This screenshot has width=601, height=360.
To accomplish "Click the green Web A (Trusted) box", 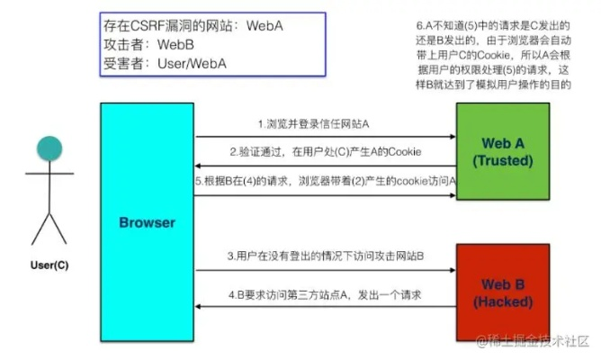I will pos(502,151).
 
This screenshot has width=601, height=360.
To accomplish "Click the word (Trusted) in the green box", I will pos(502,161).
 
